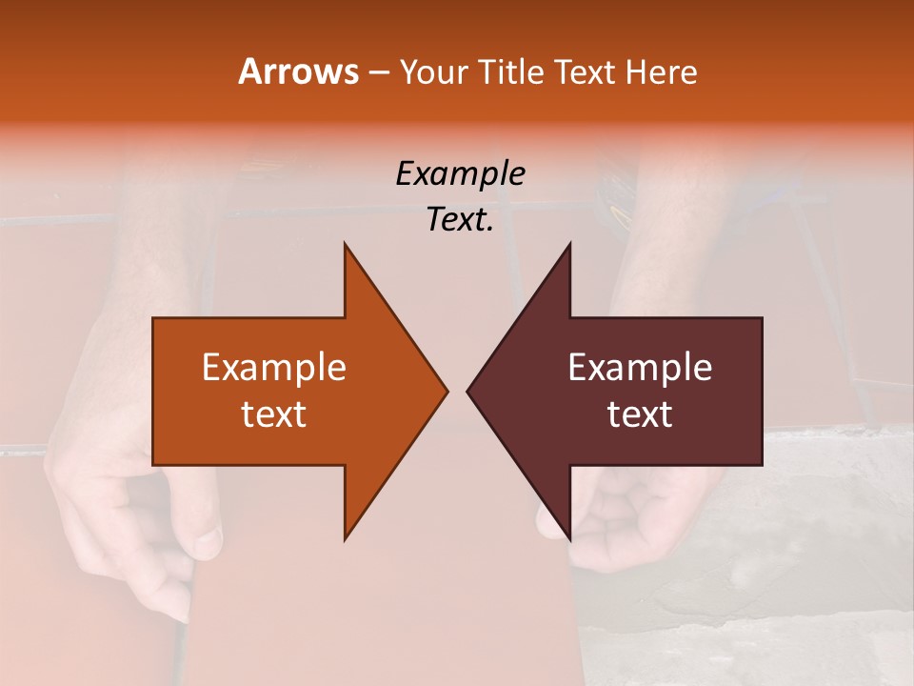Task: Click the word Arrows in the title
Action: click(298, 71)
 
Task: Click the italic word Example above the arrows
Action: click(460, 174)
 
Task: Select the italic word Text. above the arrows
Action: click(460, 220)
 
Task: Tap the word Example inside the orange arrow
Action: click(274, 368)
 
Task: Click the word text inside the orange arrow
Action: click(274, 414)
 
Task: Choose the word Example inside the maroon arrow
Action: click(640, 368)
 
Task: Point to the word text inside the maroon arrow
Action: click(640, 414)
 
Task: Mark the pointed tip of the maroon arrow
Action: click(468, 391)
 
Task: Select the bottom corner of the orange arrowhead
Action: click(345, 537)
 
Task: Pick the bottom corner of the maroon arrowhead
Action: click(569, 537)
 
